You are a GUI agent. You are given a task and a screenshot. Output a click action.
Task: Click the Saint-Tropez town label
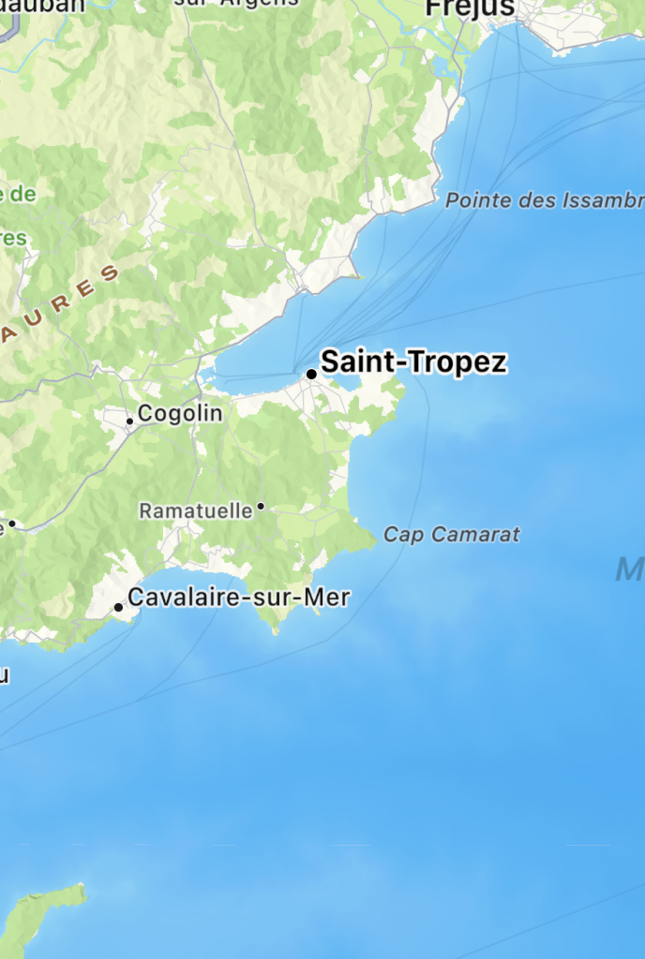click(x=413, y=362)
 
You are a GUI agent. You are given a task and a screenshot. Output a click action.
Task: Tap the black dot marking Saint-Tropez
click(x=311, y=375)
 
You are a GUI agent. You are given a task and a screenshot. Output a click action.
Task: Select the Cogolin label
click(x=180, y=413)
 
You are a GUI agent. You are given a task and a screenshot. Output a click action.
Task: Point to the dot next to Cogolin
click(x=130, y=421)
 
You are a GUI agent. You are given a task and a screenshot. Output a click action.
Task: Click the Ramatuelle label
click(x=196, y=510)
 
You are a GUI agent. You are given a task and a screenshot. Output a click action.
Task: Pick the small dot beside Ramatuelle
click(x=261, y=507)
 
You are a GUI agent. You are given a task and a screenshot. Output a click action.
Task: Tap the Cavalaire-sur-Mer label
click(x=239, y=597)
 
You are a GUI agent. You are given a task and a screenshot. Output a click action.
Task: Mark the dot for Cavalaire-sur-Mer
click(x=118, y=608)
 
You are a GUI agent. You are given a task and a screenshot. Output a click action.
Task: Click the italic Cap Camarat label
click(x=452, y=535)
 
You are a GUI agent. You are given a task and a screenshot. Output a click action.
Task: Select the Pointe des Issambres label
click(x=544, y=200)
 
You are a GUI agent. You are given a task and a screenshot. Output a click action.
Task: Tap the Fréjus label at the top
click(x=470, y=8)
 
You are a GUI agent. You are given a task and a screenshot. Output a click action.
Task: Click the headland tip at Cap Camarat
click(x=375, y=540)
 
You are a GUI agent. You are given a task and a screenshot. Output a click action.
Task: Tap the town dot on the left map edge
click(x=12, y=524)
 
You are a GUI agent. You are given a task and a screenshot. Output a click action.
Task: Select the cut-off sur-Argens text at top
click(x=236, y=3)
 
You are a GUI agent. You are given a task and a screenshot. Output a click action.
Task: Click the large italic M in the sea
click(x=629, y=568)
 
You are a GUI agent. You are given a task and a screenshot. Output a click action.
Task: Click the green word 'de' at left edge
click(x=19, y=195)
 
